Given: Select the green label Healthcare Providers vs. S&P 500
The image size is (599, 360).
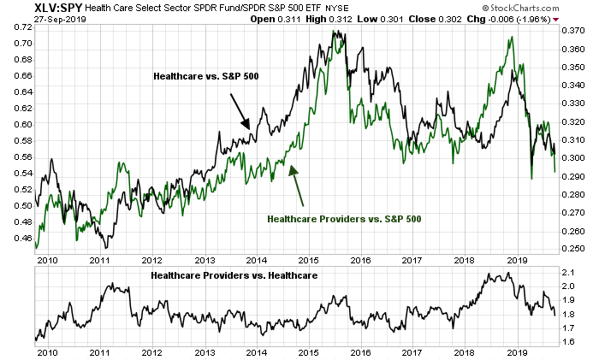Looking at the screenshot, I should [x=346, y=218].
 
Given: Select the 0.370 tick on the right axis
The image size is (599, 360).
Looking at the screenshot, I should [x=572, y=30].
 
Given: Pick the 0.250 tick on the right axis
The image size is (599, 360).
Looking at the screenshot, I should [x=572, y=248].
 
